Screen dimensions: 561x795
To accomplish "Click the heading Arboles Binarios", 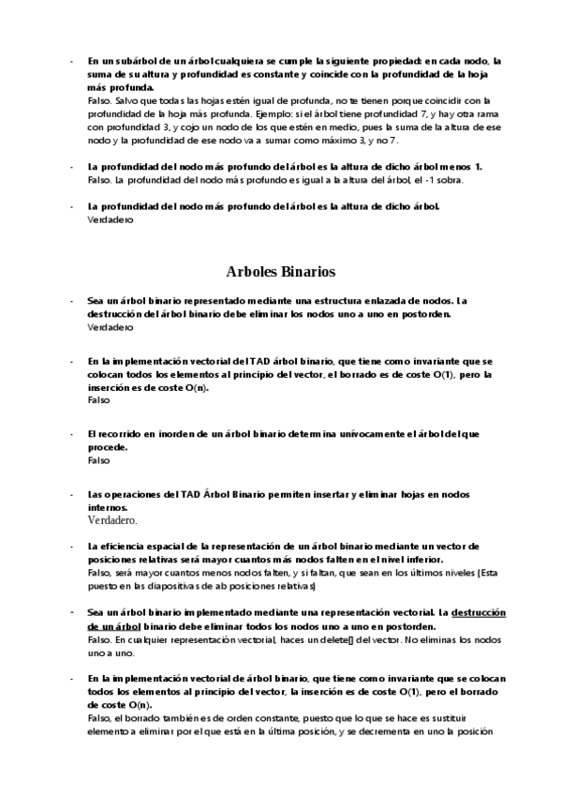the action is pos(280,273).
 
